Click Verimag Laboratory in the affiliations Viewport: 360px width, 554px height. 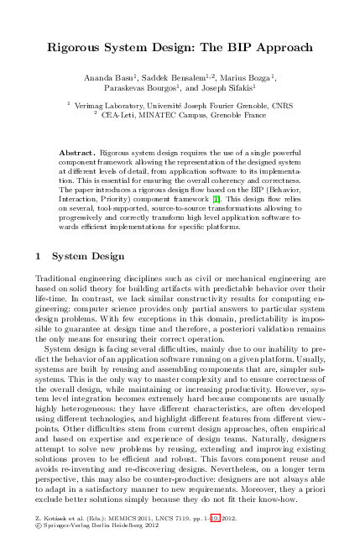[x=108, y=107]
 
